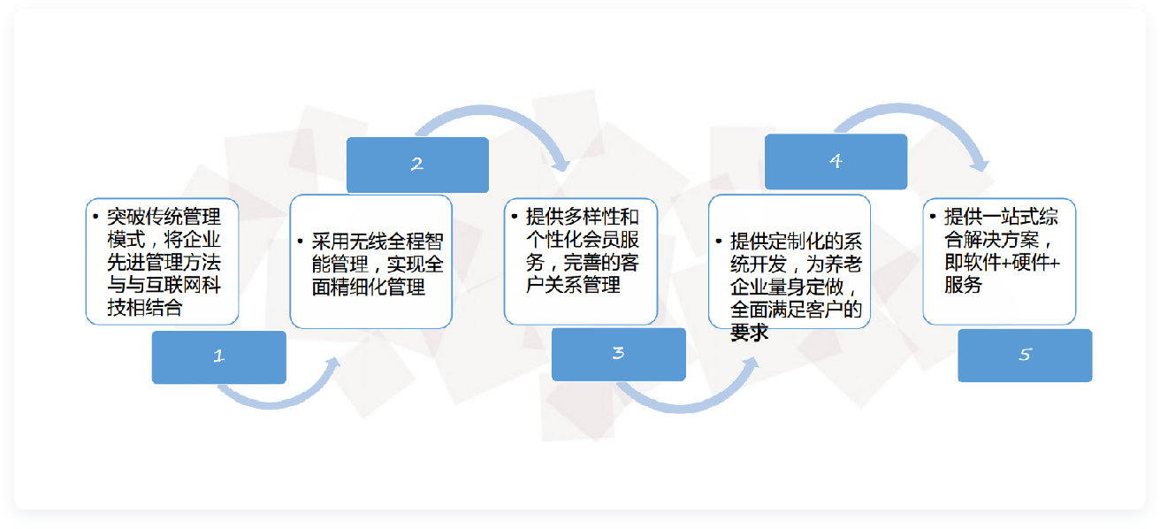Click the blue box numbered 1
coord(219,357)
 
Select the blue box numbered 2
coord(417,165)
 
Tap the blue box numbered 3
coord(619,355)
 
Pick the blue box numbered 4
coord(836,162)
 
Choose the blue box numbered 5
coord(1025,356)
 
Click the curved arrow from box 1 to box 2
coord(274,404)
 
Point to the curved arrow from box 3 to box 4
coord(683,409)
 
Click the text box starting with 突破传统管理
coord(162,262)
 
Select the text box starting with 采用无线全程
coord(370,262)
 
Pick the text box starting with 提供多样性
coord(581,262)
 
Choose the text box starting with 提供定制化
coord(790,262)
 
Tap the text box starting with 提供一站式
coord(999,262)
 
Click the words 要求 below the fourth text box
coord(749,332)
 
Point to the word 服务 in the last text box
coord(963,285)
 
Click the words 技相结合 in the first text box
coord(145,307)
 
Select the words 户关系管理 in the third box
coord(573,285)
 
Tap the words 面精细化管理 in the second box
coord(368,287)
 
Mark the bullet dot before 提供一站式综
coord(933,216)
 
